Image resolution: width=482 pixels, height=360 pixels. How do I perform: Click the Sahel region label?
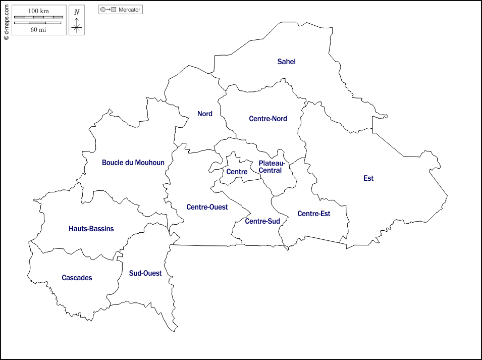point(286,62)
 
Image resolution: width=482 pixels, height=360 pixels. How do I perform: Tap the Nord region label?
point(204,114)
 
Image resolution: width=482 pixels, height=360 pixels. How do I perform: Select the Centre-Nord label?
point(267,119)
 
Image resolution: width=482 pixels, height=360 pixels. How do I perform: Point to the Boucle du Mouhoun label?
point(133,163)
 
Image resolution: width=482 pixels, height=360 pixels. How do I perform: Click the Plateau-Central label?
point(272,167)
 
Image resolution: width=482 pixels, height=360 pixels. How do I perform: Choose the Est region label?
point(368,178)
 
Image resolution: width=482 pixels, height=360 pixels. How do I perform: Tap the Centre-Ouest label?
point(207,207)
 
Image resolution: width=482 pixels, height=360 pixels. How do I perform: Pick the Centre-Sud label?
point(262,221)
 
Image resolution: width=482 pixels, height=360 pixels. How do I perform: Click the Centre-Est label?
point(313,214)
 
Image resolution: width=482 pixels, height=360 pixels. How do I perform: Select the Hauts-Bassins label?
point(91,229)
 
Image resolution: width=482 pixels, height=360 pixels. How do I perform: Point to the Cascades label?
point(77,278)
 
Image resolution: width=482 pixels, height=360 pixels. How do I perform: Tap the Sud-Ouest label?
point(145,273)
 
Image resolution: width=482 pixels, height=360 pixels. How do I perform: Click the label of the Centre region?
point(237,172)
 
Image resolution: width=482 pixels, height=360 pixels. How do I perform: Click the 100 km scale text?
point(38,11)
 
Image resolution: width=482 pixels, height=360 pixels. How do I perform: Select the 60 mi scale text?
point(38,30)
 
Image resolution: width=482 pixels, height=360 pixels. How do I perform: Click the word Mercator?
point(130,10)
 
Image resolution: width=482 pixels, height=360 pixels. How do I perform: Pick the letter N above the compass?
point(77,12)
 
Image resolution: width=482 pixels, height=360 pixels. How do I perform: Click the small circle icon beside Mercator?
point(103,10)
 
